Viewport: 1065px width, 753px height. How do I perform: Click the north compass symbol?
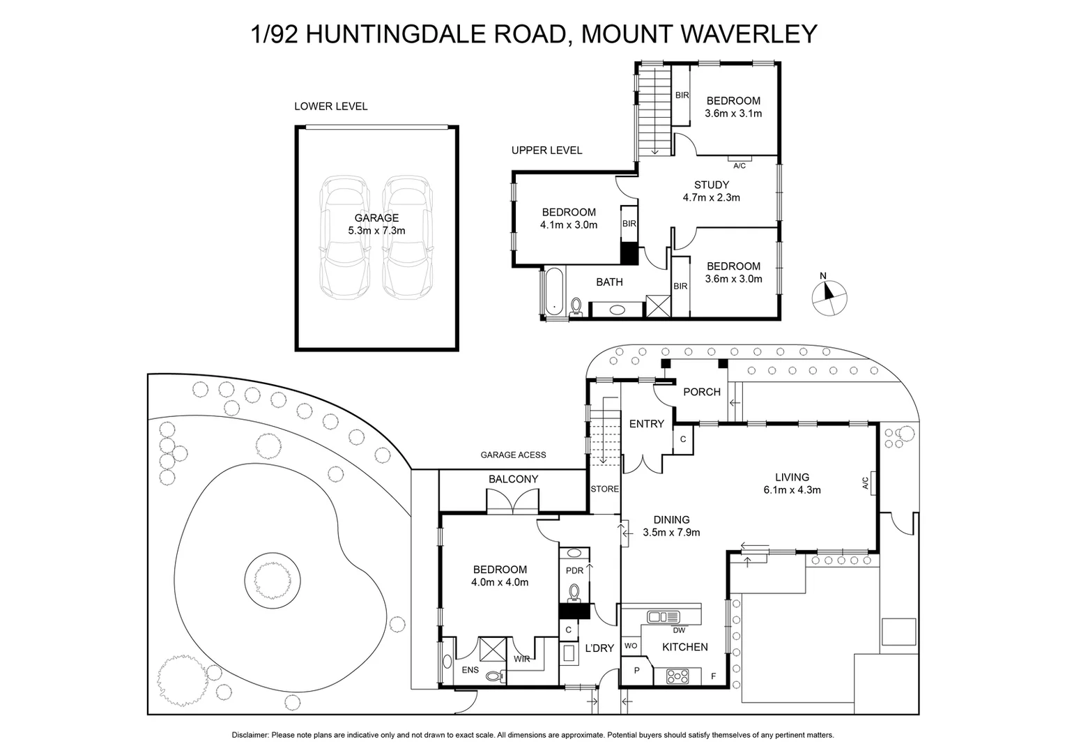[x=830, y=296]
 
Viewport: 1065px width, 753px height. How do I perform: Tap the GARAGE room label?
[x=376, y=218]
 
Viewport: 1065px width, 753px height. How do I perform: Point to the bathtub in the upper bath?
[x=553, y=292]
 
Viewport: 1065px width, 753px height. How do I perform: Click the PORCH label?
[x=701, y=392]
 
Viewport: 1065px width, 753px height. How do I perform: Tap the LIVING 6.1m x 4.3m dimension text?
[x=792, y=489]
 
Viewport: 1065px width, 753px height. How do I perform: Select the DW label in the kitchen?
[x=679, y=630]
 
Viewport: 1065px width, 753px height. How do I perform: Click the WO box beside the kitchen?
[x=631, y=646]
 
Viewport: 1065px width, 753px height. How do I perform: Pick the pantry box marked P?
[x=636, y=671]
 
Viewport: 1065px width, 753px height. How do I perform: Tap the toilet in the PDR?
[x=574, y=593]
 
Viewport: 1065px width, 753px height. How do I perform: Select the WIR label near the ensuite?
[x=521, y=659]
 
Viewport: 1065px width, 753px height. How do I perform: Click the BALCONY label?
[x=513, y=479]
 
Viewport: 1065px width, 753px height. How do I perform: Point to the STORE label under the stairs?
[x=604, y=489]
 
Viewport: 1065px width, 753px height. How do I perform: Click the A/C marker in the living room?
[x=865, y=482]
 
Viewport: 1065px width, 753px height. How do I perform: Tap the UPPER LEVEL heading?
[x=546, y=150]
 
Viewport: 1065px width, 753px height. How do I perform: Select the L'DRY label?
[x=599, y=648]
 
